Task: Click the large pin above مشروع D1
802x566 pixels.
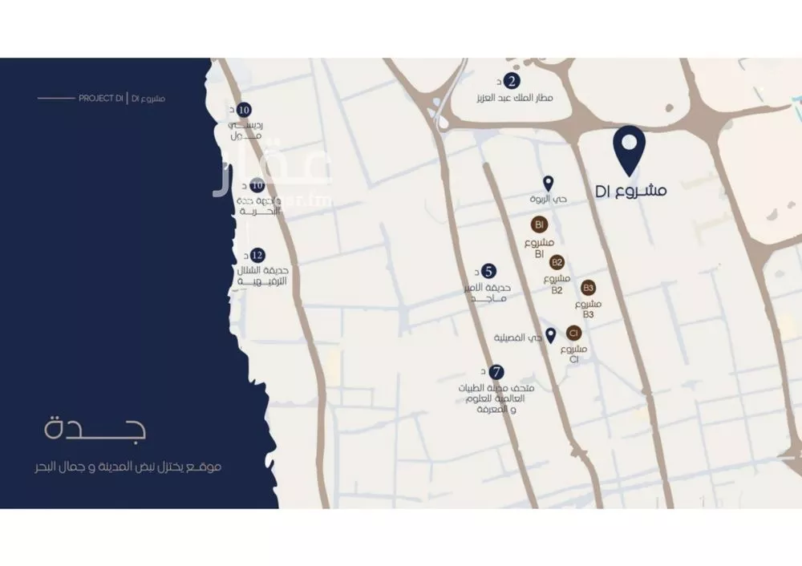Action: [630, 149]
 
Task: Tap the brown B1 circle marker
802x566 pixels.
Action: [539, 224]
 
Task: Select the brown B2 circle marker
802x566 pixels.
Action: [557, 261]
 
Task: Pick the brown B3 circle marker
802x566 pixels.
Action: [589, 287]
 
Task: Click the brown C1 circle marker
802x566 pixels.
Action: [573, 333]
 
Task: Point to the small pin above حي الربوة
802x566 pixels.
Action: [549, 184]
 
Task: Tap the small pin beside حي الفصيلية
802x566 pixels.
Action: [551, 335]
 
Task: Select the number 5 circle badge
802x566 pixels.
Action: [488, 271]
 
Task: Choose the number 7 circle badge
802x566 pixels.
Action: [497, 372]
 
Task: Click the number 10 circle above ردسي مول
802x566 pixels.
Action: [245, 110]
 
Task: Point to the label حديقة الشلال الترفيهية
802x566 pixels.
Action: [262, 277]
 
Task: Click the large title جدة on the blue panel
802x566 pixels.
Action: [95, 429]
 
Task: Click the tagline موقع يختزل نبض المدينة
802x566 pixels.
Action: [133, 467]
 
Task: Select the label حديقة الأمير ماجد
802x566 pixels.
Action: [489, 293]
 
